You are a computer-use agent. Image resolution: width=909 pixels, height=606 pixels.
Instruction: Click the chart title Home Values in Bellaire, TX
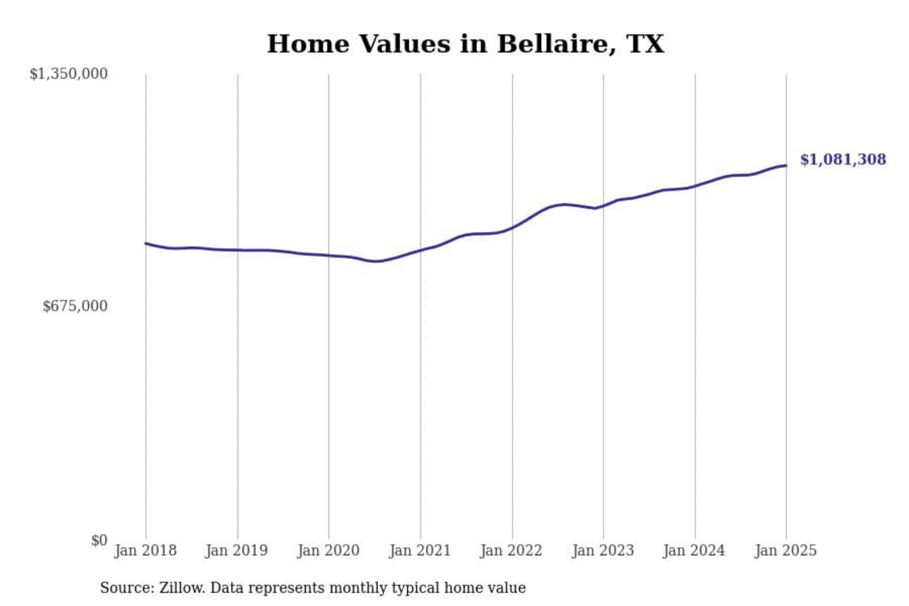(x=465, y=44)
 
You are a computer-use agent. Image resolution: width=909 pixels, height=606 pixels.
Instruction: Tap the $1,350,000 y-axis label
(x=68, y=74)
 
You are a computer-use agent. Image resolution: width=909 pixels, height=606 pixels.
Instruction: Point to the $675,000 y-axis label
(x=74, y=306)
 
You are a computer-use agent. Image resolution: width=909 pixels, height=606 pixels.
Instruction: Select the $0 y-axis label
(x=98, y=540)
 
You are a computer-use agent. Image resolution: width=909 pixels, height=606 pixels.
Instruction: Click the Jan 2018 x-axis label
(x=145, y=550)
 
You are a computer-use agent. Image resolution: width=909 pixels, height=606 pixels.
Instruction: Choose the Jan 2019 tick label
(x=236, y=550)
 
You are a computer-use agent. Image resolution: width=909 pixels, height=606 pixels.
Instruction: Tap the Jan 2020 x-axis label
(x=328, y=550)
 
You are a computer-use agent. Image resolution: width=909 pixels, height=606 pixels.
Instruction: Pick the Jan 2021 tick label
(x=420, y=550)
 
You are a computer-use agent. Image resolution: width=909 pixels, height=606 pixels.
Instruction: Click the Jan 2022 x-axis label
(x=511, y=550)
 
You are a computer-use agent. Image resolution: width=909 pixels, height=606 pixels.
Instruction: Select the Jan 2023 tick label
(x=603, y=550)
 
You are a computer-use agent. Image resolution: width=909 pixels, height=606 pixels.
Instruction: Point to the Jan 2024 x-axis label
(x=694, y=550)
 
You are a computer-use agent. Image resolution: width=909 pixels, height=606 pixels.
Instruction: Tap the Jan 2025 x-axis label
(x=785, y=550)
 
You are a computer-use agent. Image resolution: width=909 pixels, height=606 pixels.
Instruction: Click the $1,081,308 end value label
(x=843, y=160)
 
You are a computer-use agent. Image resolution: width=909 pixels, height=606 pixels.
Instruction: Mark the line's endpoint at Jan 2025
(x=786, y=165)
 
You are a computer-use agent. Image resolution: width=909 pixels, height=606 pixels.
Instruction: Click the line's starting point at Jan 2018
(x=146, y=243)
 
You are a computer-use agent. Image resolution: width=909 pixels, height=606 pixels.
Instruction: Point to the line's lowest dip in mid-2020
(x=376, y=261)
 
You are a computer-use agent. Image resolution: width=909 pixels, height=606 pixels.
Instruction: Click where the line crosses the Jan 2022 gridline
(x=513, y=227)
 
